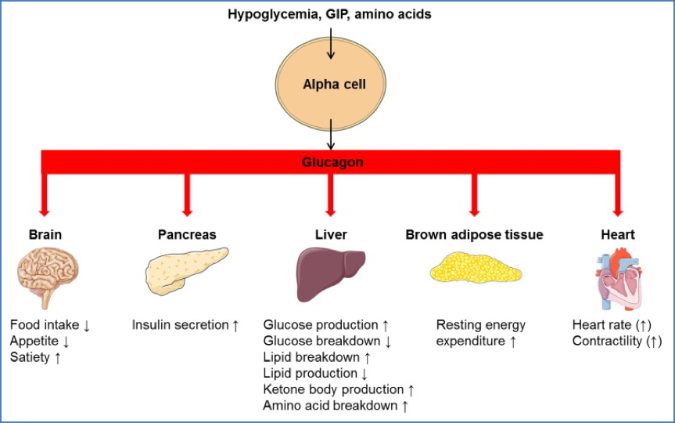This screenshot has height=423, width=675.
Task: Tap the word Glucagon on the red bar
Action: pos(331,162)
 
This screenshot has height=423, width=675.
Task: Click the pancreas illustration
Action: pos(186,271)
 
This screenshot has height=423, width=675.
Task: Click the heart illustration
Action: pos(618,277)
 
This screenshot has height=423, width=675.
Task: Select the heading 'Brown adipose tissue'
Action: pos(474,234)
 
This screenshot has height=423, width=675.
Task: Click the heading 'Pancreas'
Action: pos(187,234)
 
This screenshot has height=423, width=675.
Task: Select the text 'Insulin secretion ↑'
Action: pos(185,324)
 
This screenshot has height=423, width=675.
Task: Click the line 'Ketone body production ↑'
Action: pos(339,389)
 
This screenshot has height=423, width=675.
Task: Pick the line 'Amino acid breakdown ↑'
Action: pos(336,405)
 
